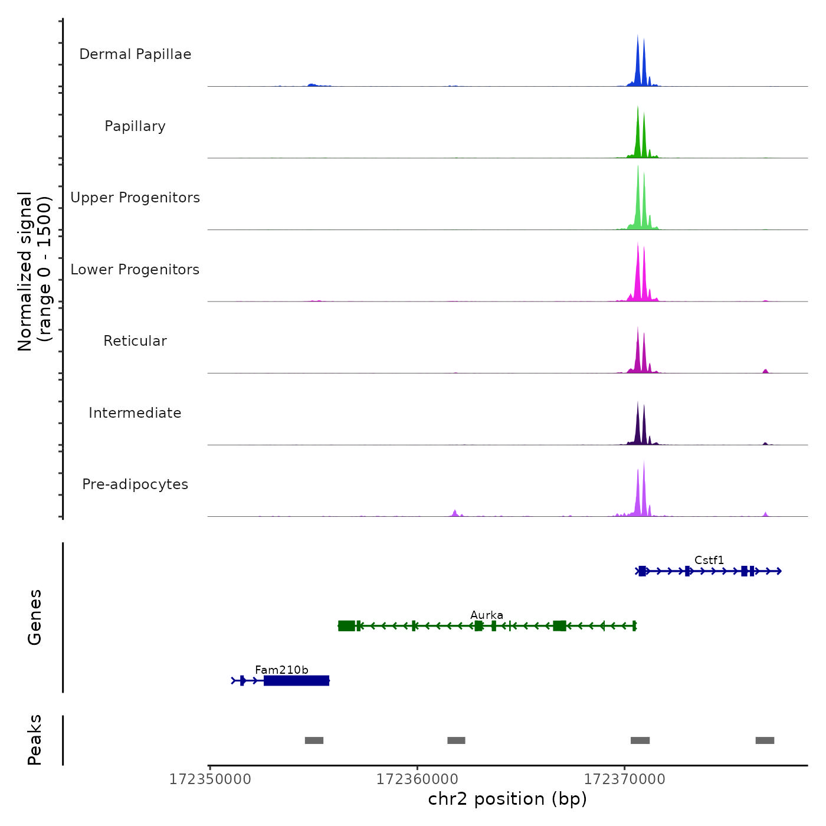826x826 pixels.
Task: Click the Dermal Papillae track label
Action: [x=135, y=54]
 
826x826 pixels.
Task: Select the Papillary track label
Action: [x=135, y=126]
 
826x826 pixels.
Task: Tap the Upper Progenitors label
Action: [x=135, y=198]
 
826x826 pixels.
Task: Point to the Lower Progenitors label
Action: [x=135, y=270]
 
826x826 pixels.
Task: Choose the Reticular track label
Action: [x=135, y=341]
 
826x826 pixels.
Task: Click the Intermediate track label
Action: [x=135, y=413]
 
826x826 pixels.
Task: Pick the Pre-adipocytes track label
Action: [x=135, y=484]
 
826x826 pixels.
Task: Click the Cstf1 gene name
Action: [x=709, y=560]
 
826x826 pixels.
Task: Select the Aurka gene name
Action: [x=487, y=615]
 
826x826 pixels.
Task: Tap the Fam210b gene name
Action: [x=281, y=670]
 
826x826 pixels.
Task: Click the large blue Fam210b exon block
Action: [x=296, y=681]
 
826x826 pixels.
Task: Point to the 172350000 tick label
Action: [x=210, y=779]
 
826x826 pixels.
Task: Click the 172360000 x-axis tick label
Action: [x=417, y=779]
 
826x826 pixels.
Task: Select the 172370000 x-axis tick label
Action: [x=625, y=779]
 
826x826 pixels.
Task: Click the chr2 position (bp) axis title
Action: [x=507, y=799]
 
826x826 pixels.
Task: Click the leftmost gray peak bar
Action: [x=314, y=740]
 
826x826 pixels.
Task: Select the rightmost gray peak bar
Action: [x=765, y=740]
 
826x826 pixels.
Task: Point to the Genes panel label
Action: [x=34, y=617]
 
